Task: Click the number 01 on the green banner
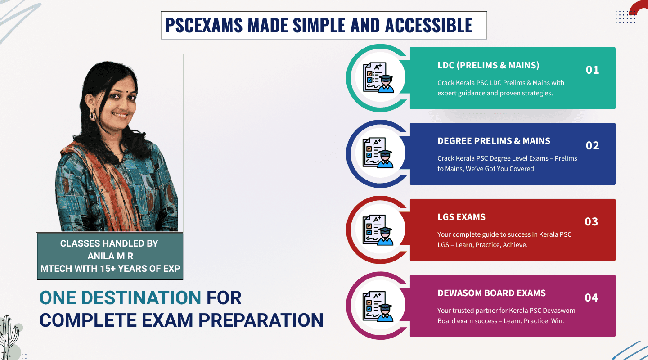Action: tap(592, 70)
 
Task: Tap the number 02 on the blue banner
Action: tap(592, 145)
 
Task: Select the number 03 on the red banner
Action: tap(591, 222)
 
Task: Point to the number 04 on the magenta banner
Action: tap(591, 298)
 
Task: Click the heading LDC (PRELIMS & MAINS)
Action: tap(488, 65)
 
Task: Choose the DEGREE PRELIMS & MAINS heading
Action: tap(494, 141)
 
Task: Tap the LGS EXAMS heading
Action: tap(461, 217)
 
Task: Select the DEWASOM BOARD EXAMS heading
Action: tap(491, 293)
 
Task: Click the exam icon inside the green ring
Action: tap(378, 78)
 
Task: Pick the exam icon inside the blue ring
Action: tap(378, 153)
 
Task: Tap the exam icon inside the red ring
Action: tap(378, 230)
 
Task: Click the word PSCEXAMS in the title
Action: tap(204, 25)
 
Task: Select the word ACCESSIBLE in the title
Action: tap(429, 25)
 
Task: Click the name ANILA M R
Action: tap(110, 256)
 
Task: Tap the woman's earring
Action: tap(93, 115)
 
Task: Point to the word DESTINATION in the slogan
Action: tap(141, 298)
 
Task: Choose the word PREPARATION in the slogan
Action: tap(261, 320)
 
